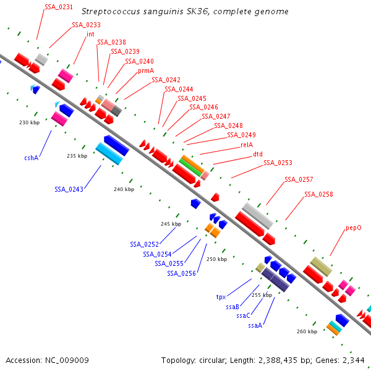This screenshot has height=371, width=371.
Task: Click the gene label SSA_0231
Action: point(58,7)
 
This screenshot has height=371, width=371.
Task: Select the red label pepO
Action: point(354,228)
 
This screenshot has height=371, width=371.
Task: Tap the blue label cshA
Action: point(32,158)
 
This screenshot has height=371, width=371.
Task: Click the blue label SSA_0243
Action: point(69,189)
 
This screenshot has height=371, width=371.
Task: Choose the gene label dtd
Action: point(258,155)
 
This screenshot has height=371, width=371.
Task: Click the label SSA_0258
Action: point(318,194)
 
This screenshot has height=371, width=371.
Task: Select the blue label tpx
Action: point(221,297)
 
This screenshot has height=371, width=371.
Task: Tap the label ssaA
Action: point(255,325)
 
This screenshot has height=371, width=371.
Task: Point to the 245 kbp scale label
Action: point(171,223)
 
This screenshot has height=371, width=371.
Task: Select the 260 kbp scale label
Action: point(307,331)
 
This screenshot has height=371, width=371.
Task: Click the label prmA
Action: point(146,70)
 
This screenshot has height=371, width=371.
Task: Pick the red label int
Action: point(90,34)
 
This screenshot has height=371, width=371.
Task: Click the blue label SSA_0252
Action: point(143,244)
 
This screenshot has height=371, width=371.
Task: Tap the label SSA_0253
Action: point(278,163)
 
